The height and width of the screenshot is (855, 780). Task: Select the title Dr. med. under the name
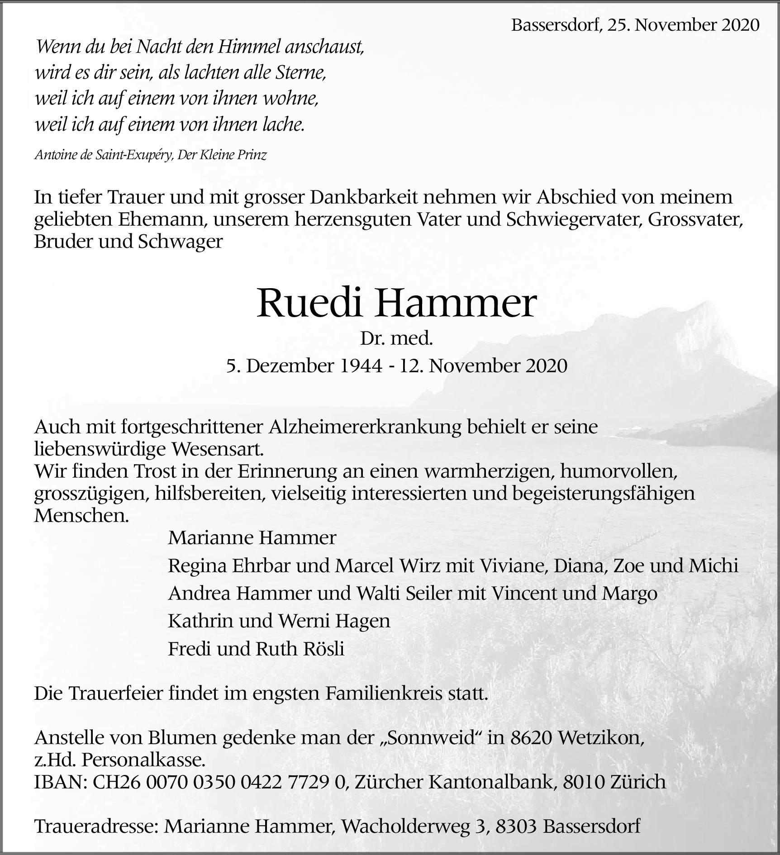tap(396, 338)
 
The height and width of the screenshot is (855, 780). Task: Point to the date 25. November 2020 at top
tap(683, 25)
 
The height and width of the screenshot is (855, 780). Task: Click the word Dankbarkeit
tap(370, 197)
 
